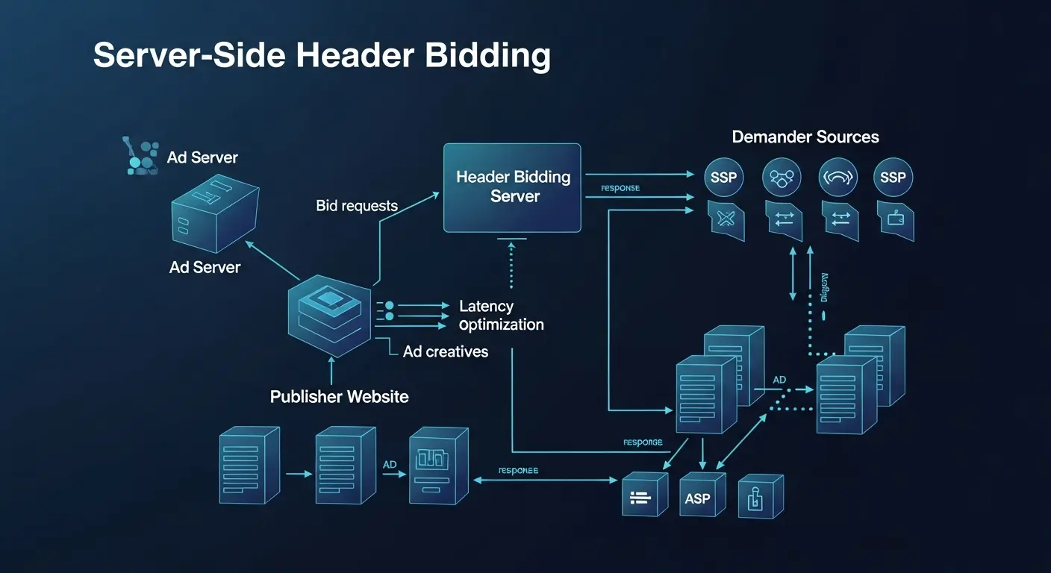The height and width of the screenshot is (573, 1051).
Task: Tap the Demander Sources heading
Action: click(805, 137)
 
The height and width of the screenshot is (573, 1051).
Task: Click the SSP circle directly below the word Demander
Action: click(724, 178)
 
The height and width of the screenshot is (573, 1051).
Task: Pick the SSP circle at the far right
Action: click(893, 178)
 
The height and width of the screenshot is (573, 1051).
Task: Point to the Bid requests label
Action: click(357, 206)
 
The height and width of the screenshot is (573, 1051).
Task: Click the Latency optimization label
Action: click(501, 316)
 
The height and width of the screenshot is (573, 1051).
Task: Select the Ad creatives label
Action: click(445, 351)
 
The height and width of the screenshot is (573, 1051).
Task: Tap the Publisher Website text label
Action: click(339, 396)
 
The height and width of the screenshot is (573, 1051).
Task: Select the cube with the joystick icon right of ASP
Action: click(760, 496)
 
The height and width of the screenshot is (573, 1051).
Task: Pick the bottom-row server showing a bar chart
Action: click(437, 466)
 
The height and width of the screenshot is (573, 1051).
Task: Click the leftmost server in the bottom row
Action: click(248, 464)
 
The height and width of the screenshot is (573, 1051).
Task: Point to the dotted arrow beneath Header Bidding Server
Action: click(511, 265)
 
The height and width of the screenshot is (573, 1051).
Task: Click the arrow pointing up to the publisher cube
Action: click(329, 370)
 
